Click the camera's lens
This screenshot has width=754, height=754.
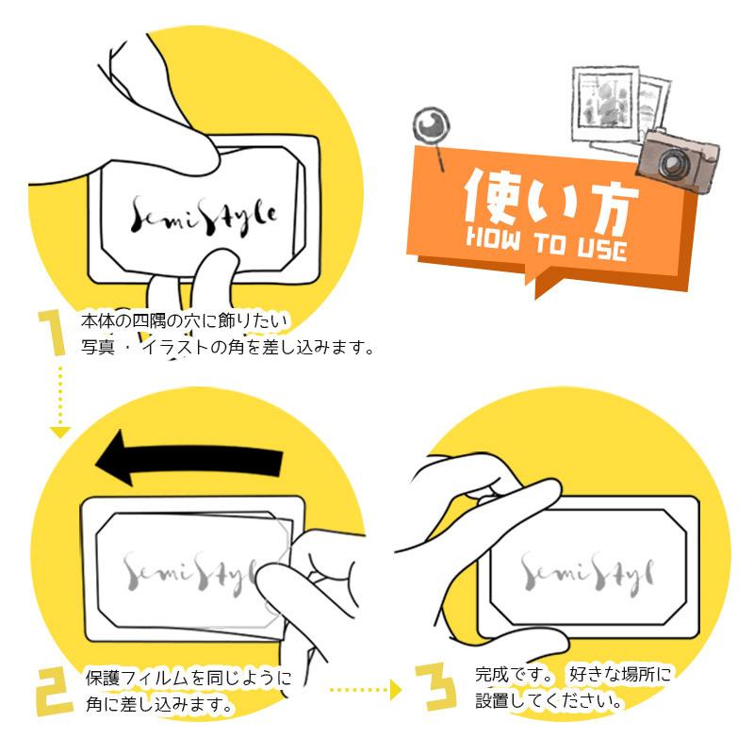[x=672, y=164]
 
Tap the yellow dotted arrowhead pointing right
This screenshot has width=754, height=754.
[x=395, y=691]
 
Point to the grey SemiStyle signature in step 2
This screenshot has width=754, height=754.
[x=188, y=572]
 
